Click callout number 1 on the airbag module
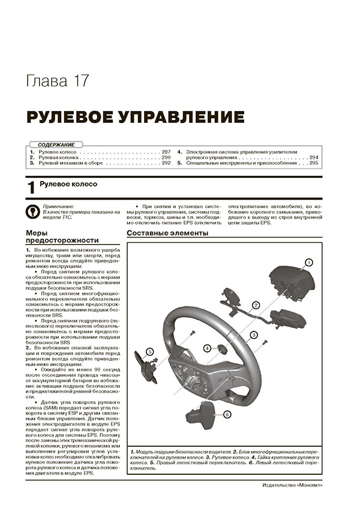click(x=308, y=262)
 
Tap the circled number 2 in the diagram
click(x=256, y=305)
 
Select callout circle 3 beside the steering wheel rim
click(x=253, y=335)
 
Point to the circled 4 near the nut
click(x=207, y=348)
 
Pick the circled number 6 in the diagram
click(x=227, y=414)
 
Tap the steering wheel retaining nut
click(x=221, y=348)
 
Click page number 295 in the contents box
click(x=313, y=163)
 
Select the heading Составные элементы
click(x=167, y=233)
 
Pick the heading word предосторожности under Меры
click(x=62, y=240)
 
